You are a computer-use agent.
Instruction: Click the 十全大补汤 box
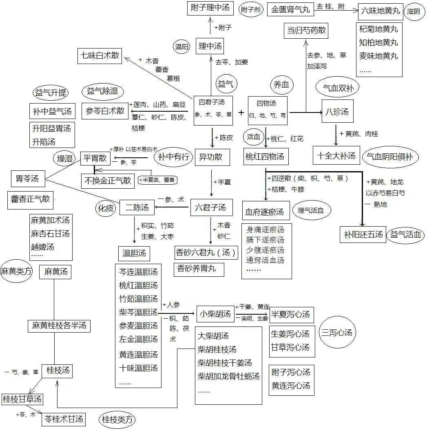(336, 155)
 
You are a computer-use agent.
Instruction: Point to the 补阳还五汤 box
(363, 234)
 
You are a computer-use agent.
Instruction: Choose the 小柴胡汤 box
(215, 314)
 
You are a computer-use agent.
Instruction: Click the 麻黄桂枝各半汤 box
(59, 326)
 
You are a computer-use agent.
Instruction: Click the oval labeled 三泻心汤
(336, 333)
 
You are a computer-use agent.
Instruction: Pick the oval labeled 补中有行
(174, 157)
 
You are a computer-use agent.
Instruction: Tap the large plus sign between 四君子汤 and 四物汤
(241, 112)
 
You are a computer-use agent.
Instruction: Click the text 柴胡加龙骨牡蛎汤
(228, 376)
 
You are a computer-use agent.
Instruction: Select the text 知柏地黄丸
(378, 42)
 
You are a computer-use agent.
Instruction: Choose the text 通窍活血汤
(265, 260)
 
